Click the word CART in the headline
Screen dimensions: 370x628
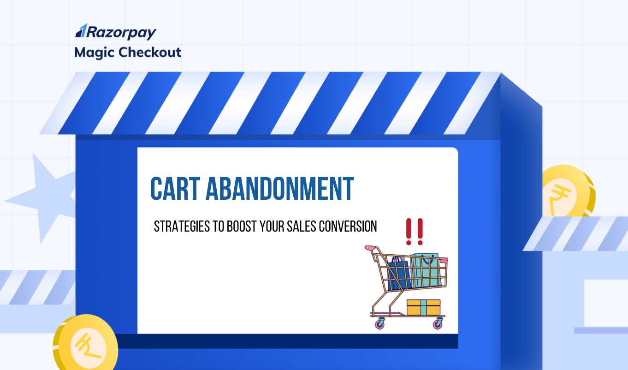pyautogui.click(x=173, y=189)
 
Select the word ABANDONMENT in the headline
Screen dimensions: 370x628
pyautogui.click(x=279, y=189)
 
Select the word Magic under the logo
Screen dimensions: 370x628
pyautogui.click(x=94, y=52)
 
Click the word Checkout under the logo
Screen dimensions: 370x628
pyautogui.click(x=149, y=52)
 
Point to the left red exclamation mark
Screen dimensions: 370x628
pyautogui.click(x=409, y=232)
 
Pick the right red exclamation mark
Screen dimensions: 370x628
pyautogui.click(x=419, y=232)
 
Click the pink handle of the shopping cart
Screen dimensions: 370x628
pyautogui.click(x=369, y=249)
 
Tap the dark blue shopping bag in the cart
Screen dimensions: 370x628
pyautogui.click(x=399, y=275)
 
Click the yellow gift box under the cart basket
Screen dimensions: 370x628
pyautogui.click(x=423, y=308)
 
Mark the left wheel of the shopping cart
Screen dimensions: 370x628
pyautogui.click(x=380, y=324)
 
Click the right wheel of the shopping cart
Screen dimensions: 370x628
pyautogui.click(x=437, y=324)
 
